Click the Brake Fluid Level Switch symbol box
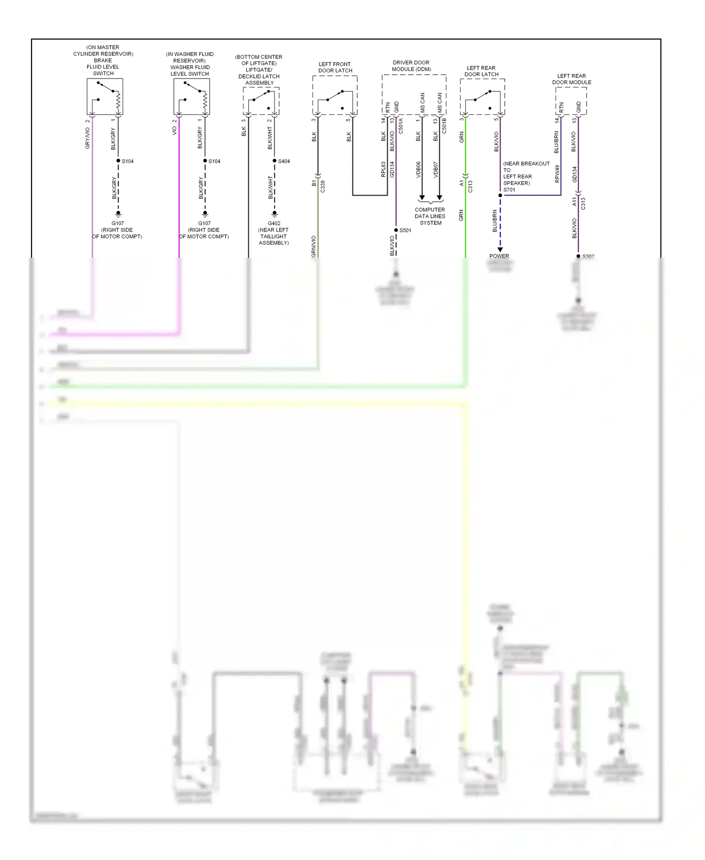(x=105, y=96)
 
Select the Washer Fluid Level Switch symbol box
(x=191, y=96)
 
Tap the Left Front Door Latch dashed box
(x=335, y=96)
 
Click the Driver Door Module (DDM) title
(x=411, y=66)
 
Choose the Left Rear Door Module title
(x=572, y=79)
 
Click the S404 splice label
(x=284, y=161)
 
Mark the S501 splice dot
(x=396, y=230)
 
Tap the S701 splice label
(x=509, y=190)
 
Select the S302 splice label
(x=588, y=256)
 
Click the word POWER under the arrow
(x=499, y=256)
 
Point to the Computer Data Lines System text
(x=430, y=216)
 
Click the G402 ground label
(x=274, y=223)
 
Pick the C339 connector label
(x=323, y=186)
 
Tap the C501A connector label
(x=401, y=126)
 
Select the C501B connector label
(x=444, y=126)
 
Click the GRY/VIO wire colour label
(x=87, y=138)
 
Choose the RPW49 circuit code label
(x=557, y=174)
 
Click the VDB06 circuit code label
(x=418, y=169)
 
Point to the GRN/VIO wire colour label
(x=313, y=247)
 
